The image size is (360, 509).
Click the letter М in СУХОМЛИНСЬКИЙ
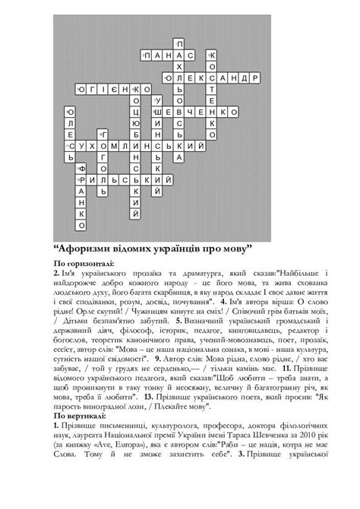tap(125, 144)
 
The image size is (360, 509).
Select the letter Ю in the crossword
tap(136, 122)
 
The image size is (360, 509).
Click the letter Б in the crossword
tap(136, 134)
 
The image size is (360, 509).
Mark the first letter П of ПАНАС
tap(147, 56)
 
